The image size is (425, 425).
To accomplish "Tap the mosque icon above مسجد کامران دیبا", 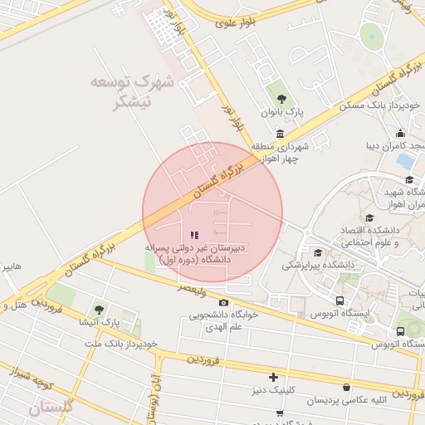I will (400, 133).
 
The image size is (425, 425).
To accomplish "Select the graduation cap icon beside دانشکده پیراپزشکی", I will (318, 252).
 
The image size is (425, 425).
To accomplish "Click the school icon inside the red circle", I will (194, 236).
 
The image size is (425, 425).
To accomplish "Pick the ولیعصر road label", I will (192, 287).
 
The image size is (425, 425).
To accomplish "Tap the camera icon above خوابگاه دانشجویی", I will (223, 303).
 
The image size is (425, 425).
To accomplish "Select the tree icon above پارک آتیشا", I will (99, 309).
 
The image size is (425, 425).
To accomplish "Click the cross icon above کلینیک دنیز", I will (273, 377).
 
